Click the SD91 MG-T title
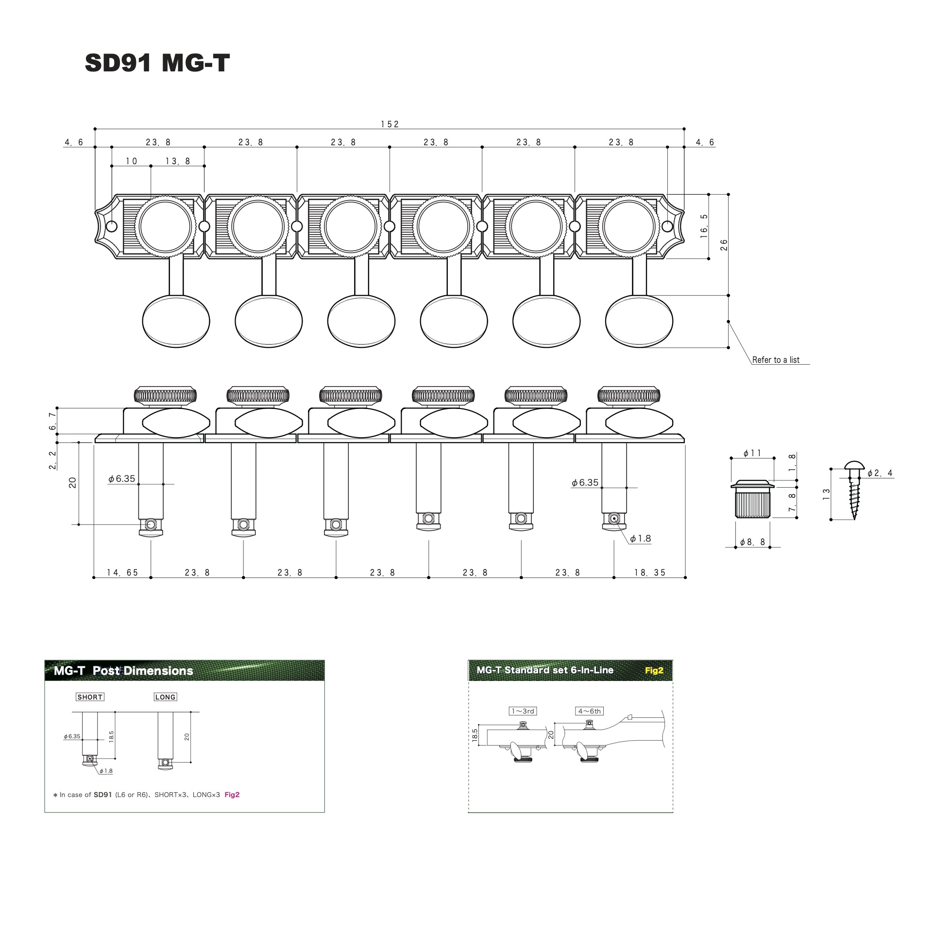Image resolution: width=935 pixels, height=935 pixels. point(157,63)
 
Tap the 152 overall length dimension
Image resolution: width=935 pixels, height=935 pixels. point(390,124)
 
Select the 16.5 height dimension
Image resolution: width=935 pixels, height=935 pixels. point(704,226)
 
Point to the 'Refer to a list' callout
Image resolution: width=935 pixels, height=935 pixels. point(776,360)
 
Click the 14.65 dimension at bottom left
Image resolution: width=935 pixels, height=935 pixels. point(122,573)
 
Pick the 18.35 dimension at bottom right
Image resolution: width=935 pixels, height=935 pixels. point(650,573)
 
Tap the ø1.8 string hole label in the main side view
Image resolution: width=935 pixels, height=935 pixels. point(640,539)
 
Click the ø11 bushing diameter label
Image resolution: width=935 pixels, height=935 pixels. point(752,453)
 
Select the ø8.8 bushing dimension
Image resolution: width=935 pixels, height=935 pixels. point(752,542)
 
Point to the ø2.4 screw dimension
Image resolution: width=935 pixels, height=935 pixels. point(880,473)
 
